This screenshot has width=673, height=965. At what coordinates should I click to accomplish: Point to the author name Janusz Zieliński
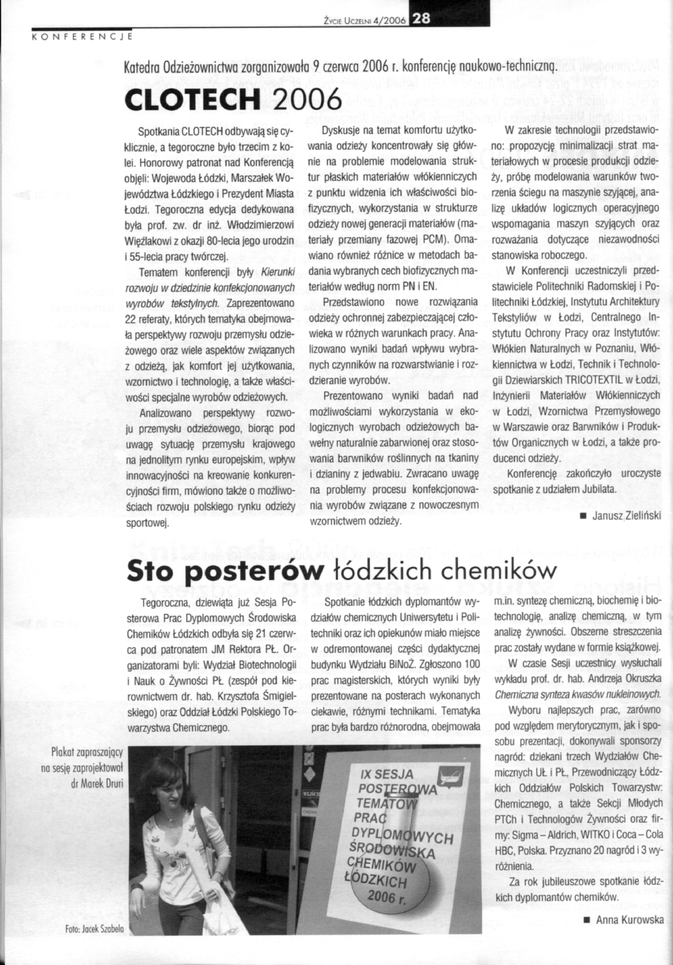click(626, 516)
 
